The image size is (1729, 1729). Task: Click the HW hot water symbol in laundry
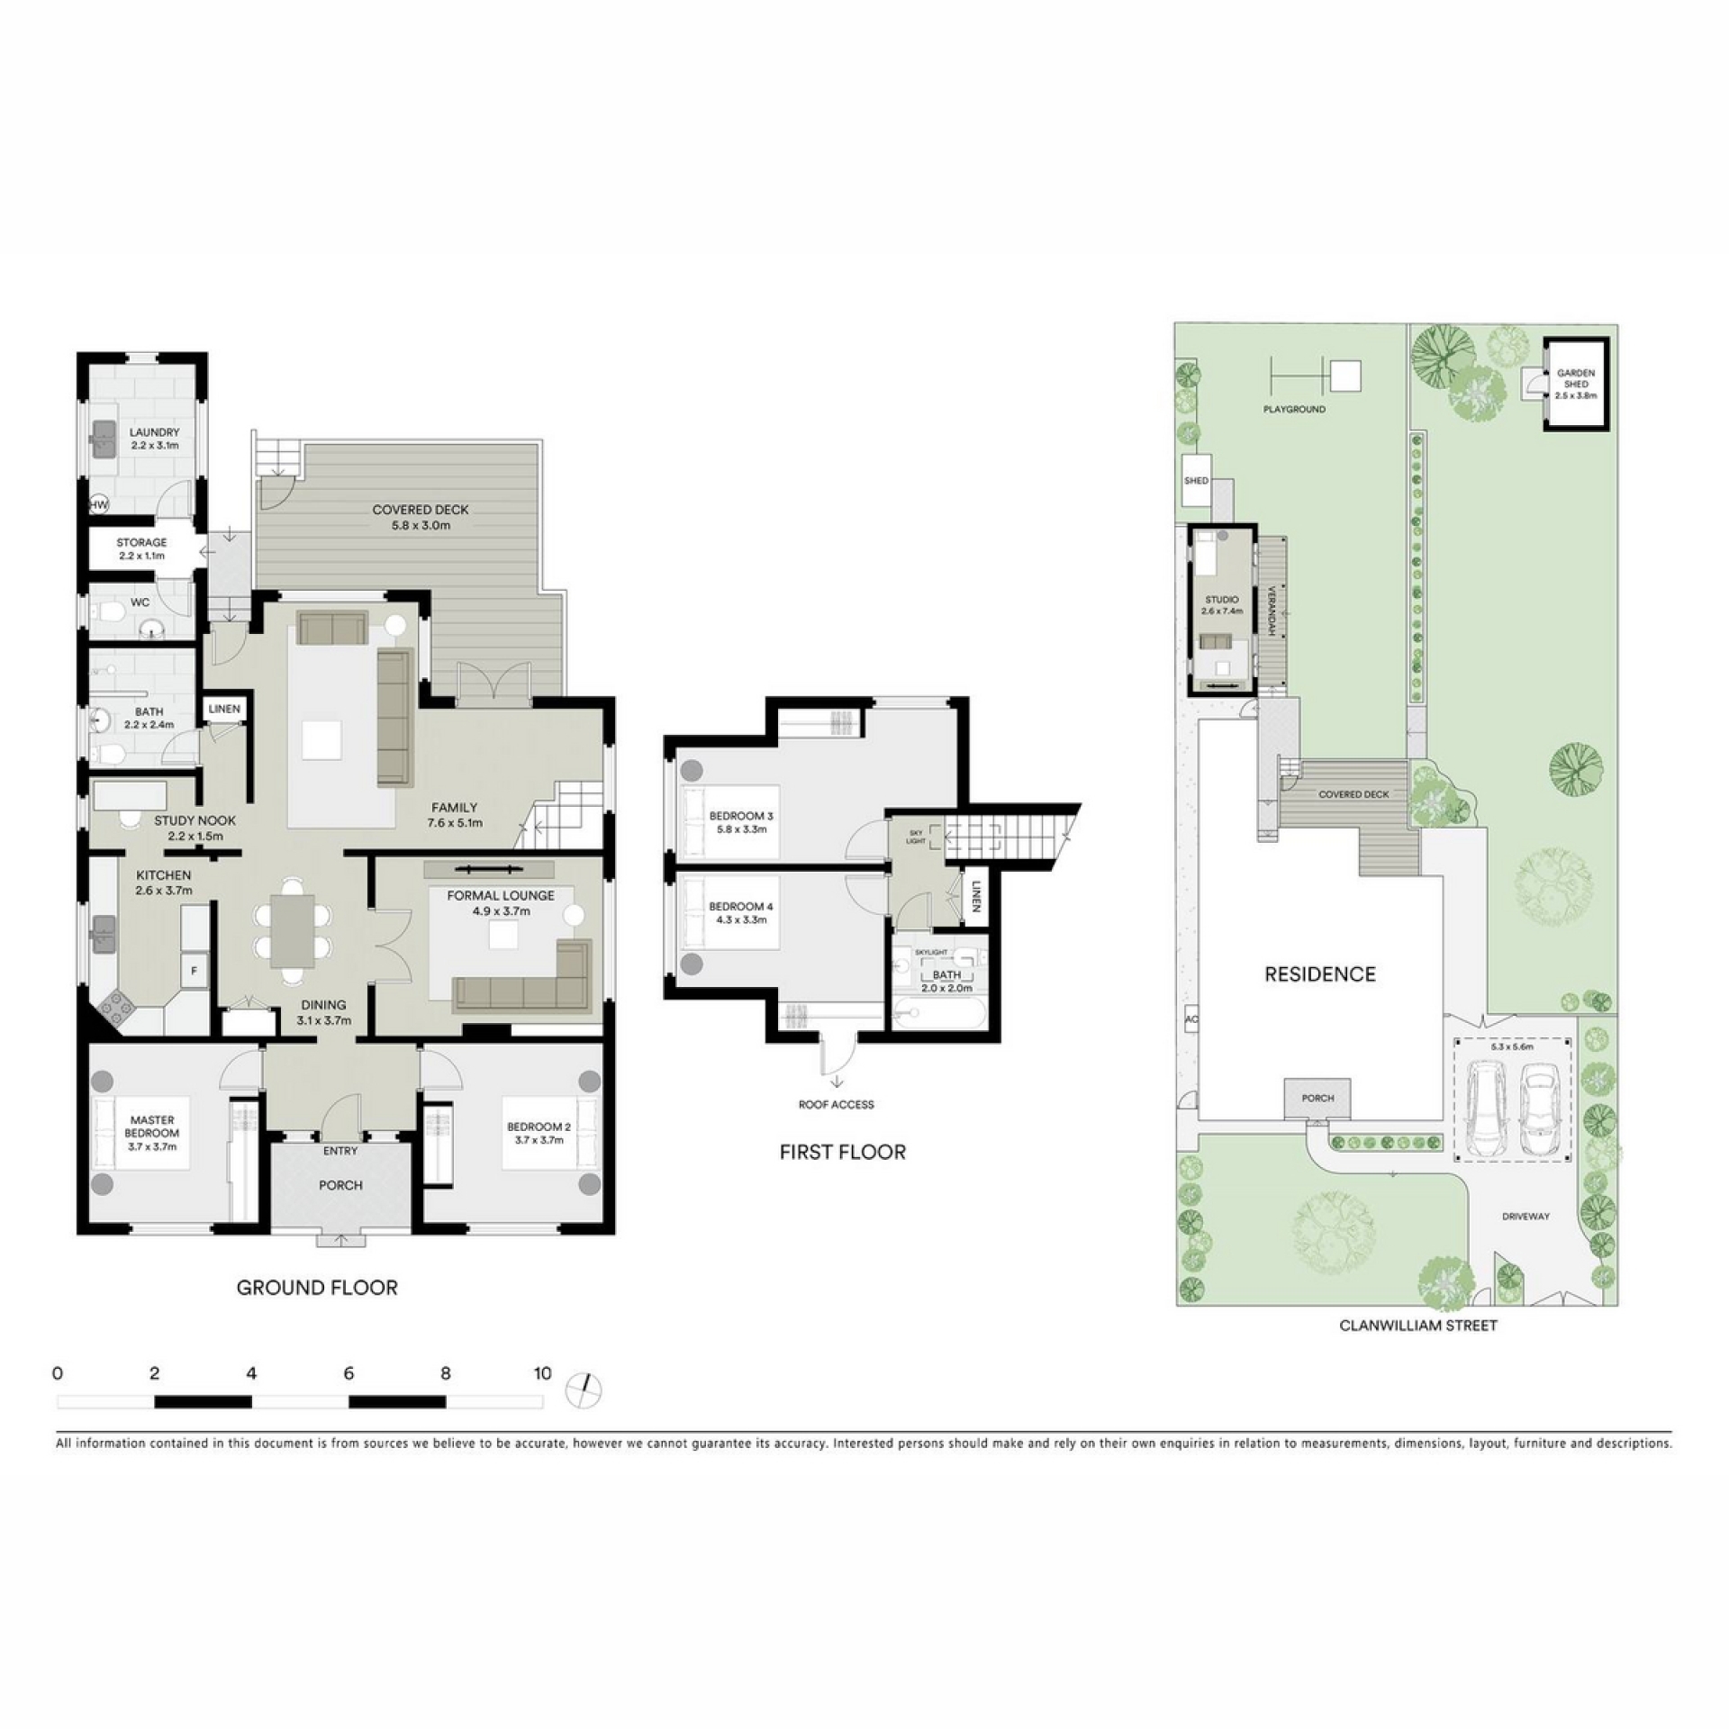click(98, 505)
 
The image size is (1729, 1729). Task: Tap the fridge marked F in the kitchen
click(194, 971)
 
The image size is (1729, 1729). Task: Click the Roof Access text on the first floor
click(836, 1104)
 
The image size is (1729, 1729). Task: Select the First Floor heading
click(843, 1152)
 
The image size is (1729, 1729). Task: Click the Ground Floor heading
click(317, 1288)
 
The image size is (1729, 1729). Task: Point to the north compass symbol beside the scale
click(584, 1390)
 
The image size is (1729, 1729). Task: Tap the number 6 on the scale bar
click(349, 1373)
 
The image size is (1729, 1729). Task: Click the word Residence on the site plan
click(1320, 973)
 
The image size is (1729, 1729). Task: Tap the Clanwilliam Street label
click(1418, 1325)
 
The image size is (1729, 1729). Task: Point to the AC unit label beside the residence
click(1193, 1019)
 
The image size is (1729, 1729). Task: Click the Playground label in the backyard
click(1294, 409)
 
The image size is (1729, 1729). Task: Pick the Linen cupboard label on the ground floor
click(224, 709)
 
